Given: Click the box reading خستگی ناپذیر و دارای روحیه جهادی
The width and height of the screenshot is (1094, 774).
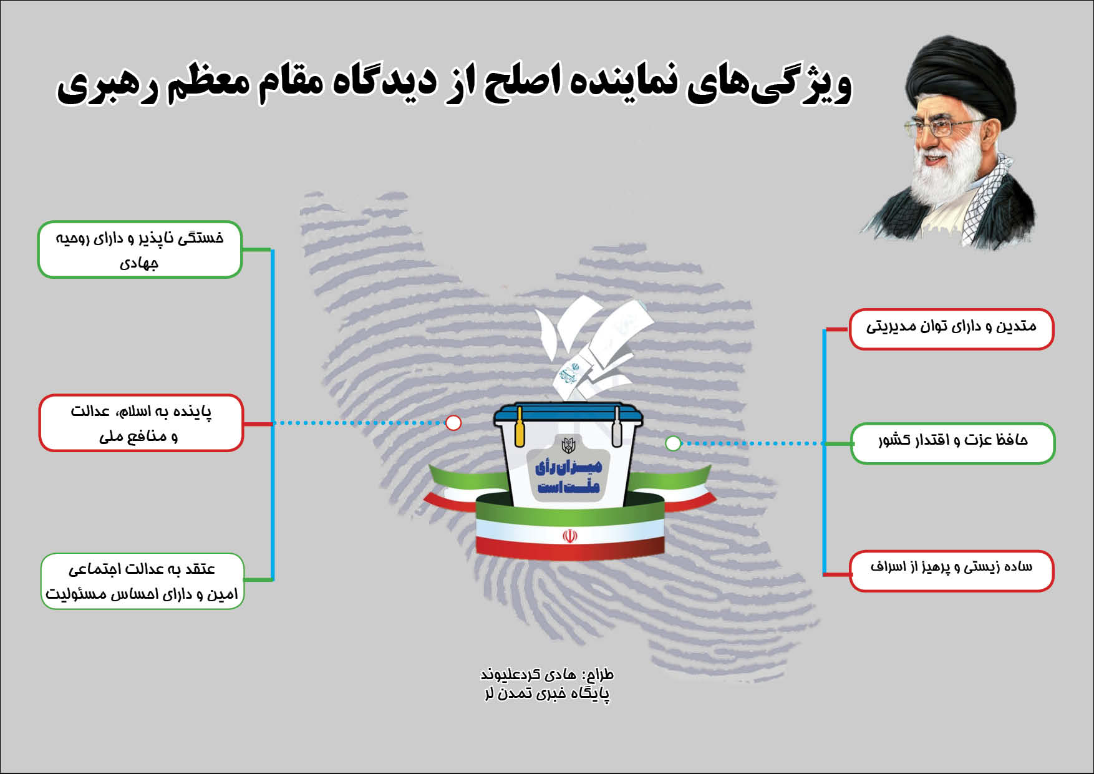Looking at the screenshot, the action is (140, 249).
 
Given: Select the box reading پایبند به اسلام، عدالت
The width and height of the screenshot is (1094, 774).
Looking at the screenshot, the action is (141, 423).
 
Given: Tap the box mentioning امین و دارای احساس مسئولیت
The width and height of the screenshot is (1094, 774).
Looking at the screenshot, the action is (142, 581).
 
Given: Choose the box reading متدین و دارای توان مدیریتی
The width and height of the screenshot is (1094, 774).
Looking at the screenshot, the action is (951, 329).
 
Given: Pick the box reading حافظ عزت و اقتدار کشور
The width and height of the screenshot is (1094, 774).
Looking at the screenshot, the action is (952, 443).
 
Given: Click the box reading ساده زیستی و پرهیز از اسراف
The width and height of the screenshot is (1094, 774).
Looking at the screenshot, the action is (951, 571).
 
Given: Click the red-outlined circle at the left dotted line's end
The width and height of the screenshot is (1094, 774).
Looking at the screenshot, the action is (453, 423).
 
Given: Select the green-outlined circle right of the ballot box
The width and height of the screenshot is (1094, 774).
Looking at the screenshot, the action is (673, 443).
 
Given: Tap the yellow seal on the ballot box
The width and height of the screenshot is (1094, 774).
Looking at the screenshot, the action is (519, 427).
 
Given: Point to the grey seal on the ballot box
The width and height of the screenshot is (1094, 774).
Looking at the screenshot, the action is (617, 427).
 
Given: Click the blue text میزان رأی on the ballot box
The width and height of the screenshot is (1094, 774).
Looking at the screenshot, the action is (569, 467).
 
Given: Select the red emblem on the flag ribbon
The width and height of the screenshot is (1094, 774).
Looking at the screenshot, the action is (569, 536).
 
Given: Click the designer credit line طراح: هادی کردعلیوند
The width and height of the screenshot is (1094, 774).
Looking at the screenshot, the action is (547, 674).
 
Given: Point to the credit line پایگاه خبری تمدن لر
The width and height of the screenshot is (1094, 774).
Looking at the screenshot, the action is (547, 694).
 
